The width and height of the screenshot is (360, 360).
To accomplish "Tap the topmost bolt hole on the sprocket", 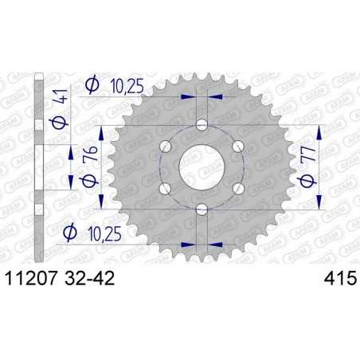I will (202, 125).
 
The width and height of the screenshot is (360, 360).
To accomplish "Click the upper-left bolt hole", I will (166, 146).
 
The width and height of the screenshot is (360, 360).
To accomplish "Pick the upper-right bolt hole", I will (237, 146).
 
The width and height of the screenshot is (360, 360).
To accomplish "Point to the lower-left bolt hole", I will (166, 187).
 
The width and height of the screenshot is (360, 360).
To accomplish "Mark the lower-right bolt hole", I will (237, 187).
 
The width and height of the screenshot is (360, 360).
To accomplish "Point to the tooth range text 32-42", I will (93, 279).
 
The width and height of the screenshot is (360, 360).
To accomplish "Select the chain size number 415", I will (334, 279).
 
